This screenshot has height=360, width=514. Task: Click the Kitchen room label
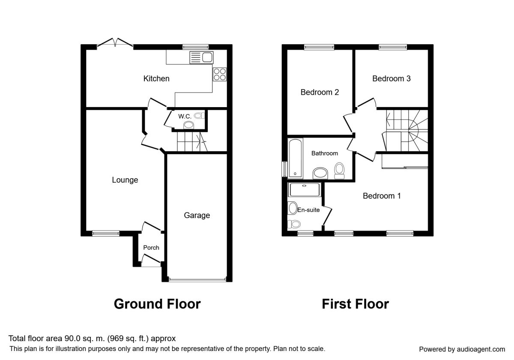tap(156, 78)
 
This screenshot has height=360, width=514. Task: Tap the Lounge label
tap(125, 180)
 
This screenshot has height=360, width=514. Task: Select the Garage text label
tap(197, 215)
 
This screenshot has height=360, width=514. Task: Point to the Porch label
tap(151, 248)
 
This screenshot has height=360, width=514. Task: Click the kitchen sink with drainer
tap(201, 57)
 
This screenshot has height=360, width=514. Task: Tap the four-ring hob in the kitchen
tap(220, 75)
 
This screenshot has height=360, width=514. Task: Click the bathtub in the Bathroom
tap(295, 158)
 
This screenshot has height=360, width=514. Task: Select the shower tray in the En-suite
tap(305, 189)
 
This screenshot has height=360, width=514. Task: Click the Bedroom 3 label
tap(391, 78)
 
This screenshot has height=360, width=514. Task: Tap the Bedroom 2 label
tap(320, 92)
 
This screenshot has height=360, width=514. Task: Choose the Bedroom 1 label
tap(382, 196)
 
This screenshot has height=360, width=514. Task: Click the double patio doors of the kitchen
tap(115, 44)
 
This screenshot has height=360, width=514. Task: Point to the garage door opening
tap(197, 280)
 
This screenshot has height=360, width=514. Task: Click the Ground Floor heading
tap(157, 304)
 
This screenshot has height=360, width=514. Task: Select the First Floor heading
tap(355, 304)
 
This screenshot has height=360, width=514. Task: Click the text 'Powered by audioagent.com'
tap(462, 349)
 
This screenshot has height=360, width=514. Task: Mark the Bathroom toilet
tap(339, 171)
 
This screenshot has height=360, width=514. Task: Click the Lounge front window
tap(106, 234)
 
